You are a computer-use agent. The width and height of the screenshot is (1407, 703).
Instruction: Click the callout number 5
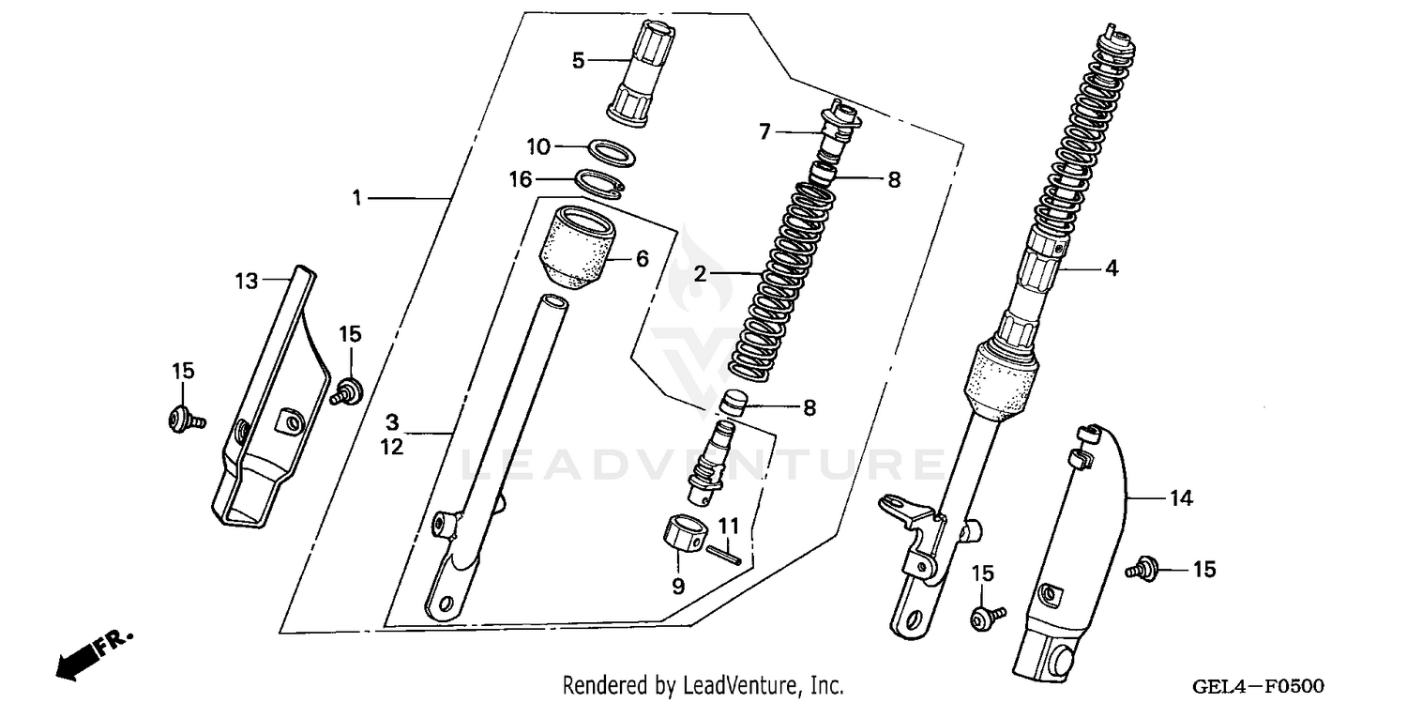[578, 61]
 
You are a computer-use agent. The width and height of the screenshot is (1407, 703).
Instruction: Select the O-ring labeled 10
[609, 150]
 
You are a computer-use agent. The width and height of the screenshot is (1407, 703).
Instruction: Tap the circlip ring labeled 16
[600, 182]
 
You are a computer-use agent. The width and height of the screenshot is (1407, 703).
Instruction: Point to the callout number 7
[764, 132]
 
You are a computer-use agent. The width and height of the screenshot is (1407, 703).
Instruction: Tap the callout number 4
[1112, 267]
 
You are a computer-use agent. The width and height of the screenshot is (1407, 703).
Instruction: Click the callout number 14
[1180, 499]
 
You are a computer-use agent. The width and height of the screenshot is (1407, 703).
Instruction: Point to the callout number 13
[246, 281]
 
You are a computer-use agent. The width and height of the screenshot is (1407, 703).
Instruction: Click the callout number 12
[392, 448]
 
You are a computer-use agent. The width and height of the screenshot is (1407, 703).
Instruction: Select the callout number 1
[356, 197]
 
